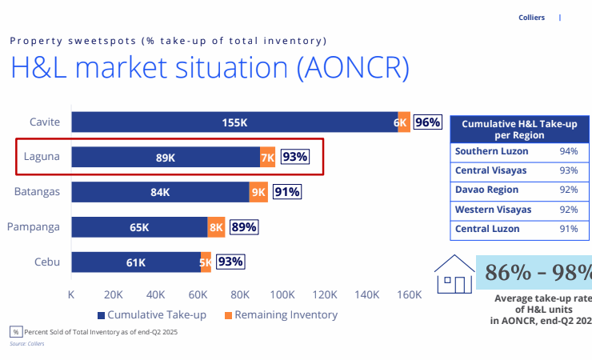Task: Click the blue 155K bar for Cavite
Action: [234, 122]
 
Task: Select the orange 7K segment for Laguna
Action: [267, 158]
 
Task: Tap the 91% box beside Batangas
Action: [286, 192]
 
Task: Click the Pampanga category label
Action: [34, 226]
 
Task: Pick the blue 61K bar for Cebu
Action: [136, 262]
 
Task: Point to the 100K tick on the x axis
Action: [282, 294]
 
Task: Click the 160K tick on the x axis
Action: [409, 294]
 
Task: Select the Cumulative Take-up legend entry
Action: [151, 314]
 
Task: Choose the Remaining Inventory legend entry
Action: [280, 314]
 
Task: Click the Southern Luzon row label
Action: [486, 151]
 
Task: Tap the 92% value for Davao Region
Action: [569, 190]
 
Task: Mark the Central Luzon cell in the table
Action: [487, 229]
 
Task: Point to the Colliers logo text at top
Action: [533, 17]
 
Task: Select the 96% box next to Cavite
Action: [427, 122]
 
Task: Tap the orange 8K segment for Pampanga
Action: [216, 227]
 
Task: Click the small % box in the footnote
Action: [15, 331]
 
